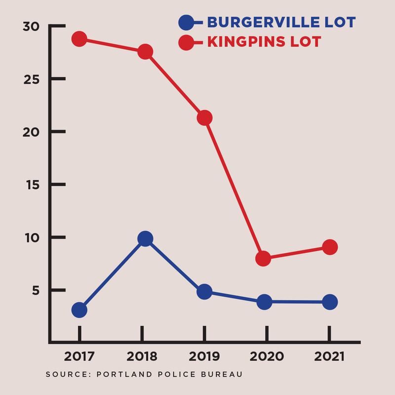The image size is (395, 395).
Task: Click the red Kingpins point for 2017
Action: click(x=79, y=39)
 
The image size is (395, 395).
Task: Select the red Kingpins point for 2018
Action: click(x=145, y=52)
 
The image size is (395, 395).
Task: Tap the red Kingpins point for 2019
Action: click(x=204, y=118)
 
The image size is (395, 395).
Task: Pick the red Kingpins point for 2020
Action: click(x=263, y=258)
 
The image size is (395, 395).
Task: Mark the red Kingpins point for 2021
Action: click(x=330, y=247)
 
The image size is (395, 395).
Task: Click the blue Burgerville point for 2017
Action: click(x=79, y=310)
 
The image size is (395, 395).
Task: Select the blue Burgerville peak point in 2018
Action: click(x=145, y=238)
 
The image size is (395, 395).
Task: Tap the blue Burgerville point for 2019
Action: click(x=204, y=292)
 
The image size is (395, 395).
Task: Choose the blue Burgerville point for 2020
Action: click(x=265, y=302)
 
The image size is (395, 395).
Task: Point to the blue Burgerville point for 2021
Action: click(x=330, y=302)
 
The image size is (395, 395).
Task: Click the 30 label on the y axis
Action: click(x=31, y=27)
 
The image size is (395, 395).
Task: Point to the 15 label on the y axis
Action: click(x=33, y=185)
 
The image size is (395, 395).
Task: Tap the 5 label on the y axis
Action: click(x=36, y=290)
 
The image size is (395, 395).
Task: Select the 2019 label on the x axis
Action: click(x=204, y=356)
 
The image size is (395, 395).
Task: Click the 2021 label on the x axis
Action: click(x=329, y=356)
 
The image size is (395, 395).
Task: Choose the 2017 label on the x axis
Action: click(x=79, y=356)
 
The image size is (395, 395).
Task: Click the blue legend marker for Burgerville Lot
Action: click(x=186, y=23)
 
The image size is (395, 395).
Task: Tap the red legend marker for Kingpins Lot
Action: click(x=186, y=42)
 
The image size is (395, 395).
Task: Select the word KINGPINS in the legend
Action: click(x=246, y=41)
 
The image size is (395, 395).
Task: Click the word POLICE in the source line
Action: click(x=177, y=374)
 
